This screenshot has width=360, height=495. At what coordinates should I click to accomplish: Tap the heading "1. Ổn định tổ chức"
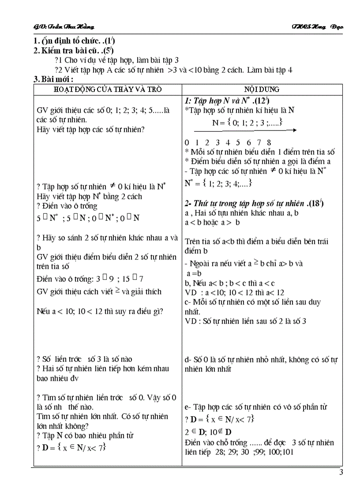pyautogui.click(x=75, y=41)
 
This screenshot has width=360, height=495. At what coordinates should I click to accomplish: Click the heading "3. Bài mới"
pyautogui.click(x=53, y=79)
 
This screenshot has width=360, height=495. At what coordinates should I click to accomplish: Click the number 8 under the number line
pyautogui.click(x=269, y=142)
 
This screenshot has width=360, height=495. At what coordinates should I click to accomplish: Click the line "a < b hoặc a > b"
pyautogui.click(x=213, y=222)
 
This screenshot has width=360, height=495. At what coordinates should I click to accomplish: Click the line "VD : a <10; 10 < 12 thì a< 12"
pyautogui.click(x=234, y=292)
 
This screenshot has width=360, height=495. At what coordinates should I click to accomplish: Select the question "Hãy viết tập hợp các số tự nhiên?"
pyautogui.click(x=91, y=129)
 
